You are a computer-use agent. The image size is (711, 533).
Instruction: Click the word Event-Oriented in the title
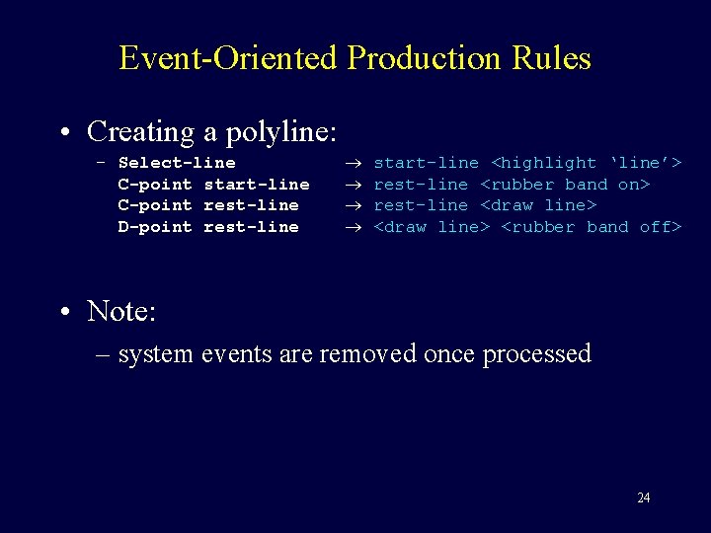228,57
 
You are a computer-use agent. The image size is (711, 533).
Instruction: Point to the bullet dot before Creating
65,132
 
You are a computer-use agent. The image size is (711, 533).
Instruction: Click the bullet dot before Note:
65,312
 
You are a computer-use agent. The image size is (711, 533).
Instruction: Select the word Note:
121,311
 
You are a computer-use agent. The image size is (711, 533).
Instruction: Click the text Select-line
177,163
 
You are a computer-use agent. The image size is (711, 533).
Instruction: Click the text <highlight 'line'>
587,163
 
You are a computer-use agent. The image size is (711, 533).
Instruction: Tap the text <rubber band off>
592,227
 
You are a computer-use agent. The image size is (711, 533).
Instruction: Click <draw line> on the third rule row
538,205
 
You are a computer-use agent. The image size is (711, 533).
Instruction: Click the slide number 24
643,497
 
